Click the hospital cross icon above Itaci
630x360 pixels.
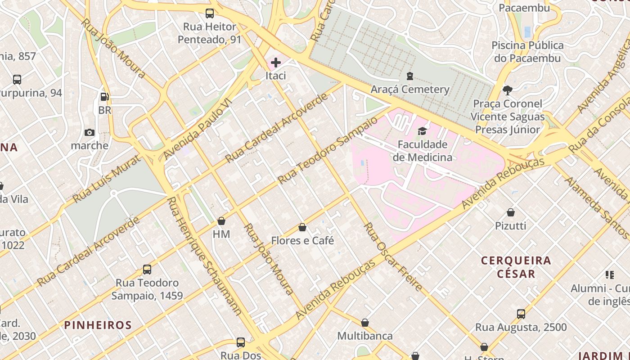pyautogui.click(x=276, y=63)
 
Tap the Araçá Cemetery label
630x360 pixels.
pyautogui.click(x=409, y=89)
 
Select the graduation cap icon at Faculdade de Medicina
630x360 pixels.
pyautogui.click(x=422, y=131)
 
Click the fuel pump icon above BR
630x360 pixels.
pyautogui.click(x=104, y=96)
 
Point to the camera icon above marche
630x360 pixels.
pyautogui.click(x=90, y=132)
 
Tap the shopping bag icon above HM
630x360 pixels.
pyautogui.click(x=221, y=221)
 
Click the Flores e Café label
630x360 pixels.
pyautogui.click(x=302, y=241)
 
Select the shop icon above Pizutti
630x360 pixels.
pyautogui.click(x=511, y=212)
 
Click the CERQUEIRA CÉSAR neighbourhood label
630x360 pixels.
pyautogui.click(x=516, y=267)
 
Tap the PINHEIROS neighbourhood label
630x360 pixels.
pyautogui.click(x=98, y=325)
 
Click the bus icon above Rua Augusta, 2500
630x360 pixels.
pyautogui.click(x=521, y=314)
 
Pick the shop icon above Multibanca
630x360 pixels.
pyautogui.click(x=365, y=323)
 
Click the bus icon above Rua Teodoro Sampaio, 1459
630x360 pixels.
pyautogui.click(x=147, y=270)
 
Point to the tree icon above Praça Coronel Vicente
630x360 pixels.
pyautogui.click(x=508, y=90)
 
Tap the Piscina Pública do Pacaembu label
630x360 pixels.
pyautogui.click(x=527, y=52)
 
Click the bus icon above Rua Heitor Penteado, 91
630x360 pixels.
pyautogui.click(x=210, y=13)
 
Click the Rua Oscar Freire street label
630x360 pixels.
pyautogui.click(x=393, y=256)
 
